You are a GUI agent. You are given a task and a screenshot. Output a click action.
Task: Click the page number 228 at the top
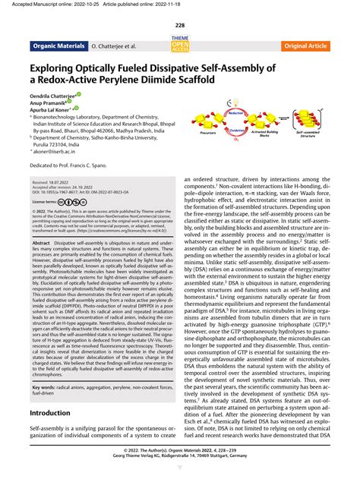point(179,24)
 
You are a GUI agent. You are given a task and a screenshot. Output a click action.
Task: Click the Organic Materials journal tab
point(57,46)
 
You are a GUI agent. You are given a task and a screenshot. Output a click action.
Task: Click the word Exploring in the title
point(61,68)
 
